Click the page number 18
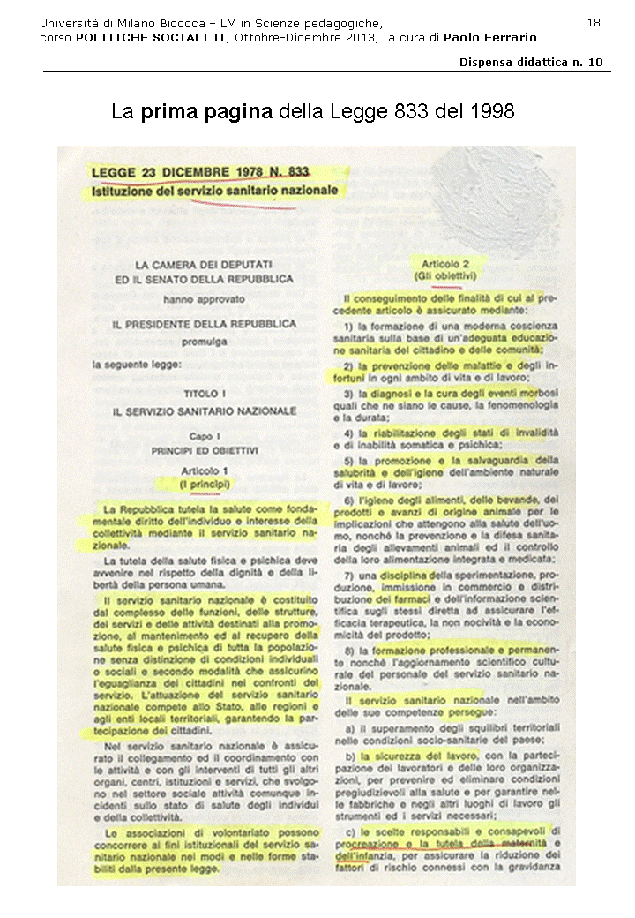(x=594, y=22)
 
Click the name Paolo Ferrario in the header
(x=489, y=37)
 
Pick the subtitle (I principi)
(x=204, y=485)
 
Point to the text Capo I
(x=204, y=437)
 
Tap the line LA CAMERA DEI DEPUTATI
(x=204, y=264)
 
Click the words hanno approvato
(x=204, y=300)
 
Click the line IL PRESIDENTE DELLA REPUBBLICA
(x=204, y=325)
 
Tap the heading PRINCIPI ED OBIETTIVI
(x=204, y=450)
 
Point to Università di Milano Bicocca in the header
(x=115, y=22)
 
